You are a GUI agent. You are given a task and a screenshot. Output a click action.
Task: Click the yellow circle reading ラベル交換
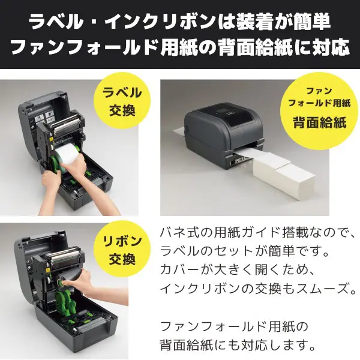(x=123, y=101)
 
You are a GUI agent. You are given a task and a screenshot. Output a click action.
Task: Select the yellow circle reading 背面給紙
(x=319, y=107)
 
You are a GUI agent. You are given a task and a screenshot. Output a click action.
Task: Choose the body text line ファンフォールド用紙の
(x=233, y=327)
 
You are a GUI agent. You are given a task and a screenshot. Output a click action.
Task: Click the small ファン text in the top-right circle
(x=319, y=90)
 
